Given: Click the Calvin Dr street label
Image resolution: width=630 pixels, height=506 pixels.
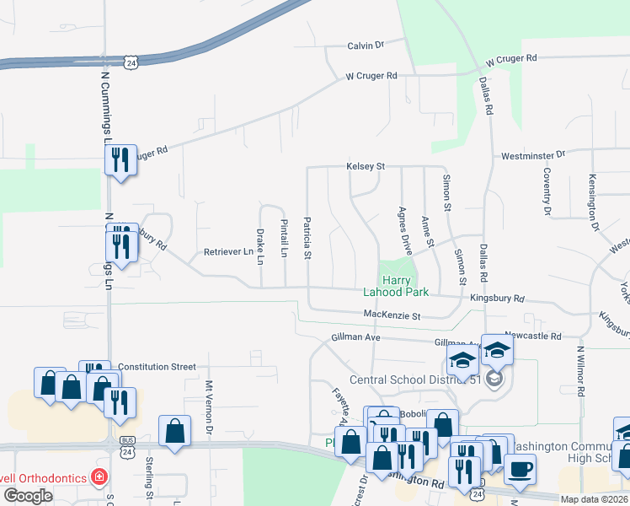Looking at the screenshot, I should coord(366,45).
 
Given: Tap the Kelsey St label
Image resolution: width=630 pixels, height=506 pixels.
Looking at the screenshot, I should coord(366,167).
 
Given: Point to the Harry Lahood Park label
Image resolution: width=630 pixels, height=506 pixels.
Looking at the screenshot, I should coord(396,286).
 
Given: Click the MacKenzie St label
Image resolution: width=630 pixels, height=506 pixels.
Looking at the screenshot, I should coord(392,315).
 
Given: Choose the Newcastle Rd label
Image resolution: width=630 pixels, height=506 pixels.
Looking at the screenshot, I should coord(532,336).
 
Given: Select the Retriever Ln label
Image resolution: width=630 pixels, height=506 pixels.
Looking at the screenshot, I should coord(228,252).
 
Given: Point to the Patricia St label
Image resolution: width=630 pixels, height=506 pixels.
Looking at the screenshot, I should coord(307,238).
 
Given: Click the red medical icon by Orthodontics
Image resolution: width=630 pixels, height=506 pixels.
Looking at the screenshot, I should coord(99,476).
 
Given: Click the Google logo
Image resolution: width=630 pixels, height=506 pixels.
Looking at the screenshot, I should coord(28,495).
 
